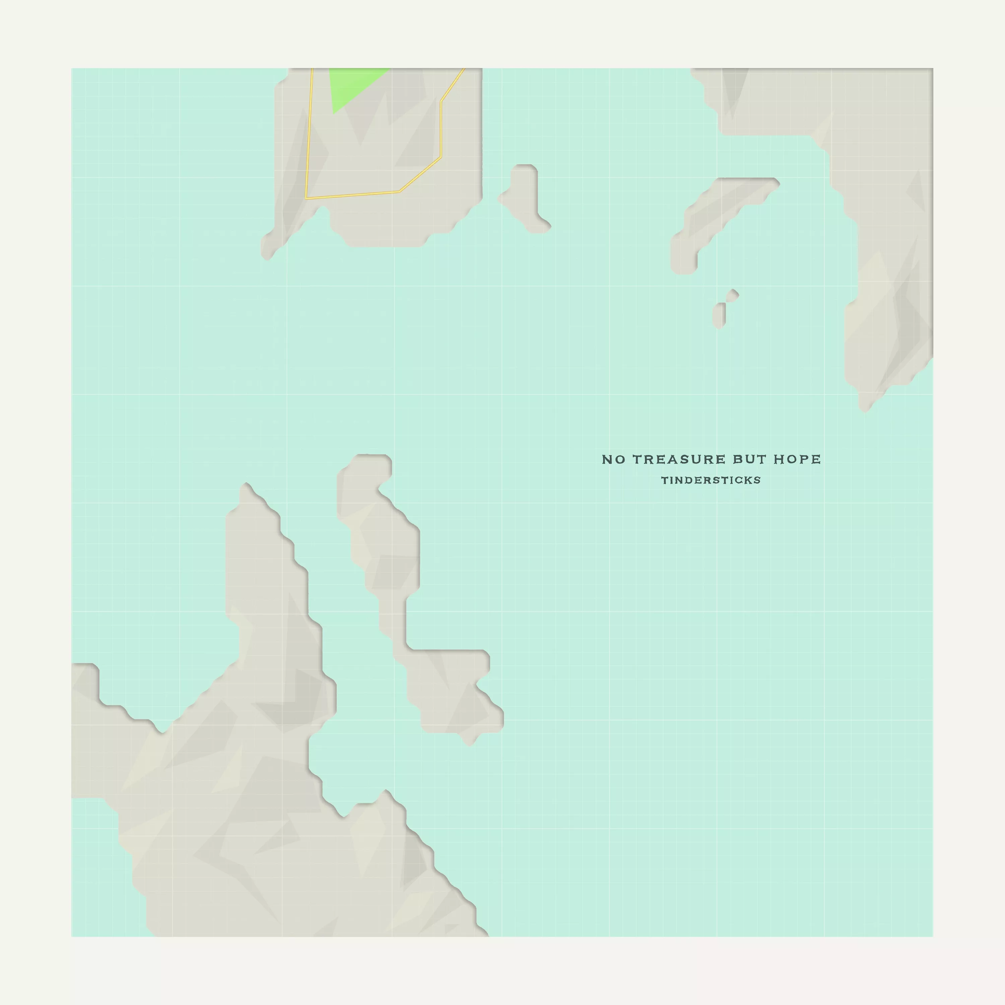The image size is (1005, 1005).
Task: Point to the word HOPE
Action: point(797,459)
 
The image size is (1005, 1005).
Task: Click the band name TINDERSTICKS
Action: point(711,480)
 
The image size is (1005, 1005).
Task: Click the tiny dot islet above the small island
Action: point(732,295)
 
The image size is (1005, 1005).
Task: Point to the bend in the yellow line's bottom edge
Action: point(400,192)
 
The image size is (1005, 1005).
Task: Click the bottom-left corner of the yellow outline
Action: point(307,198)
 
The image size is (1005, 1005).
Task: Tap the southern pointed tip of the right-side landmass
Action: point(865,408)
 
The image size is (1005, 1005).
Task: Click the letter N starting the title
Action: point(607,459)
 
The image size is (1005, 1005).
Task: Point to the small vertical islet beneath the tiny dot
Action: point(719,316)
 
